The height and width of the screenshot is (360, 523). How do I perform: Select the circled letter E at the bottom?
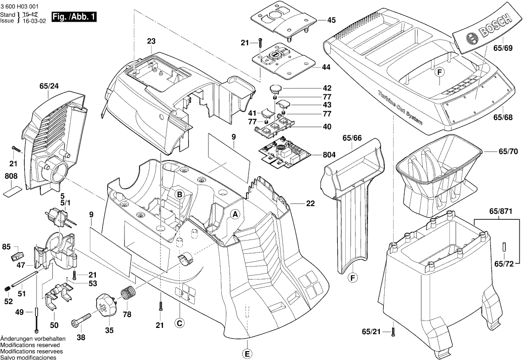point(247,354)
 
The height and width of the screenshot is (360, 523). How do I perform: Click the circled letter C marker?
point(180,323)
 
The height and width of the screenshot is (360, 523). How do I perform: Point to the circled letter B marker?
point(180,195)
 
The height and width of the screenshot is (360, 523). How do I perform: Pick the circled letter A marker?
point(236,214)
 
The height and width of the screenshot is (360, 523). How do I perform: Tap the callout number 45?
point(331,21)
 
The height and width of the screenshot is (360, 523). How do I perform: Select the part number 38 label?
point(81,338)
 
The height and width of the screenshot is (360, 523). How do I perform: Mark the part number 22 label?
point(310,203)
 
